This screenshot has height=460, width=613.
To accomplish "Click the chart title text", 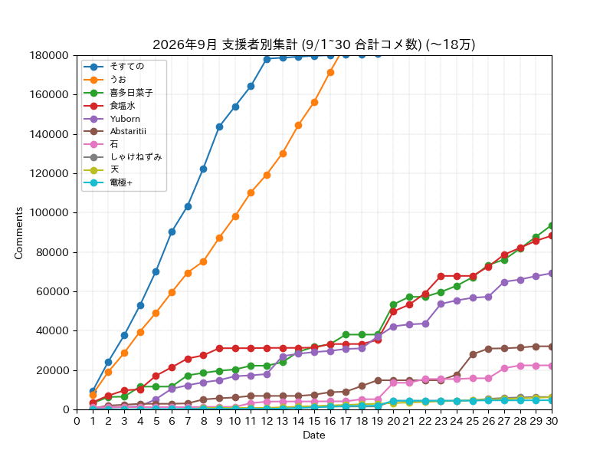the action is click(313, 44).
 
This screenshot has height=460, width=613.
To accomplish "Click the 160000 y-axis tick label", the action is click(49, 94).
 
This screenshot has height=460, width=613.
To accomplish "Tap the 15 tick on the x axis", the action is click(314, 421).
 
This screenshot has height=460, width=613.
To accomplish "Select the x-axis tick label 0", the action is click(77, 421).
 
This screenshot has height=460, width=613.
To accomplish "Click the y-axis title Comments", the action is click(18, 233).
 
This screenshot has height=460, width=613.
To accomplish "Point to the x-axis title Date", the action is click(314, 435).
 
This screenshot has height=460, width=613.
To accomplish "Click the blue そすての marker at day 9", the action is click(219, 127).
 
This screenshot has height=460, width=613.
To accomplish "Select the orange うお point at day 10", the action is click(235, 217).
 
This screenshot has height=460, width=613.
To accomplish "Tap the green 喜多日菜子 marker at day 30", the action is click(552, 226).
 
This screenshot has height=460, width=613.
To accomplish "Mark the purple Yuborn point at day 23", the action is click(441, 304).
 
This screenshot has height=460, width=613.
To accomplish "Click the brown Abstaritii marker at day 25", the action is click(473, 354).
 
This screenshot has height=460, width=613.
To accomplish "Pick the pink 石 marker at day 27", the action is click(504, 368).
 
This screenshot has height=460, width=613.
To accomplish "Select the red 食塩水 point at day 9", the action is click(219, 348).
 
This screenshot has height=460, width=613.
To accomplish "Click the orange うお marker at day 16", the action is click(330, 72).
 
